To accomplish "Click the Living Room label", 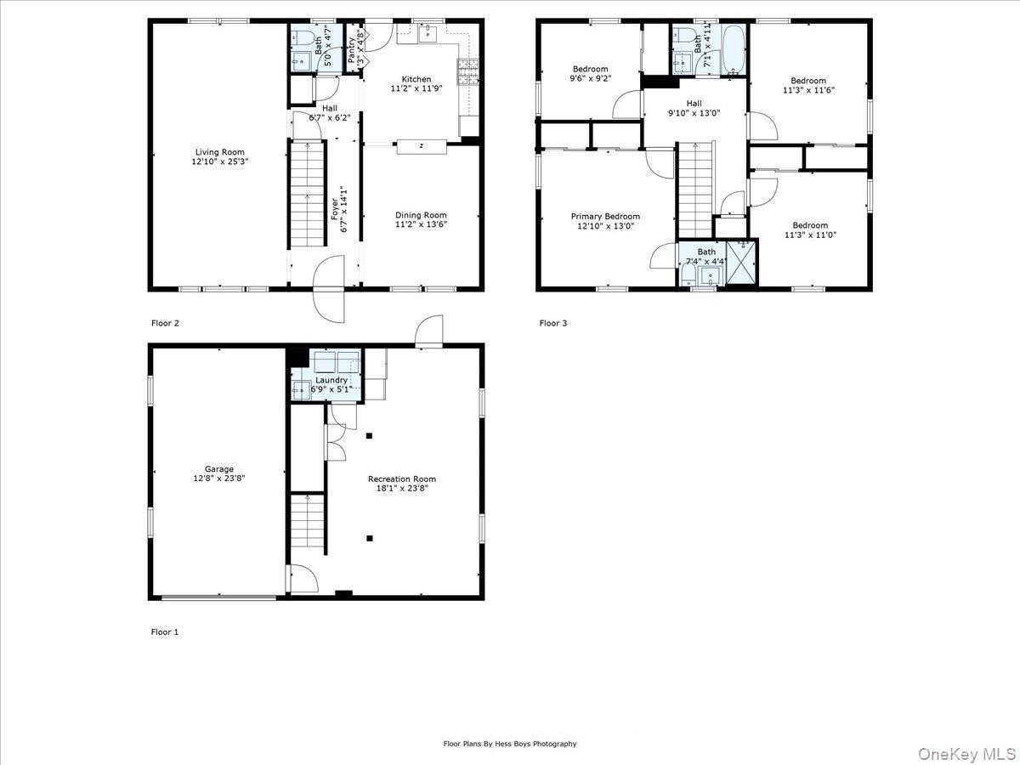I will click(x=219, y=152).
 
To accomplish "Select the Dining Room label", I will click(x=420, y=215).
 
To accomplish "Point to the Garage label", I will click(x=218, y=468).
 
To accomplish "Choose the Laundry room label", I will click(x=331, y=380).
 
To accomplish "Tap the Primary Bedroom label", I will click(x=605, y=216).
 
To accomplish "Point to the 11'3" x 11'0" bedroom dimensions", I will click(x=809, y=235).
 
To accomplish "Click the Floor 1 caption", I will click(x=165, y=632).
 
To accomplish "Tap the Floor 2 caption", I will click(x=165, y=323).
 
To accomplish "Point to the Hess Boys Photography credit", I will click(x=510, y=744).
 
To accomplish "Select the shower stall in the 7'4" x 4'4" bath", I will click(x=742, y=263).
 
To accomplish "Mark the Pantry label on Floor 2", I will click(x=352, y=49).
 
